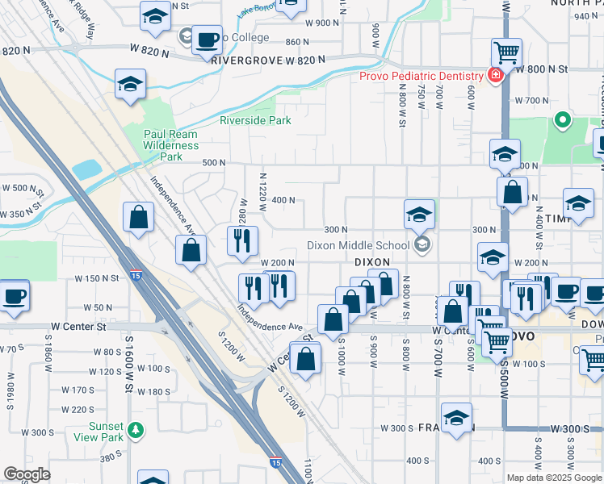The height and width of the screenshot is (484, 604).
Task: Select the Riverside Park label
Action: [x=255, y=121]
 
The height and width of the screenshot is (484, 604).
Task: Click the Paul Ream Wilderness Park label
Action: [x=170, y=145]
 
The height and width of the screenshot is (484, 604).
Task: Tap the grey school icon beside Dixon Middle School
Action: [x=421, y=244]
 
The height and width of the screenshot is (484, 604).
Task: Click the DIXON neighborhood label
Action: [x=372, y=262]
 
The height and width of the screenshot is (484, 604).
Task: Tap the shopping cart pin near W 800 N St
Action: [x=506, y=53]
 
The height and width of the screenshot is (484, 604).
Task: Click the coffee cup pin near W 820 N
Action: [x=208, y=39]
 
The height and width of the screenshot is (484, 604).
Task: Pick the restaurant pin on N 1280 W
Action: [x=242, y=240]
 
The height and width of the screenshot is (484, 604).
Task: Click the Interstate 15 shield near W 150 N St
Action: [x=136, y=276]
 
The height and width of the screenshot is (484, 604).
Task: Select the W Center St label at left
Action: [x=78, y=327]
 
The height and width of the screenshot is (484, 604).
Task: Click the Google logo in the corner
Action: [x=27, y=474]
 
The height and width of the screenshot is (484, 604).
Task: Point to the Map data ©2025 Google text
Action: [x=554, y=478]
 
